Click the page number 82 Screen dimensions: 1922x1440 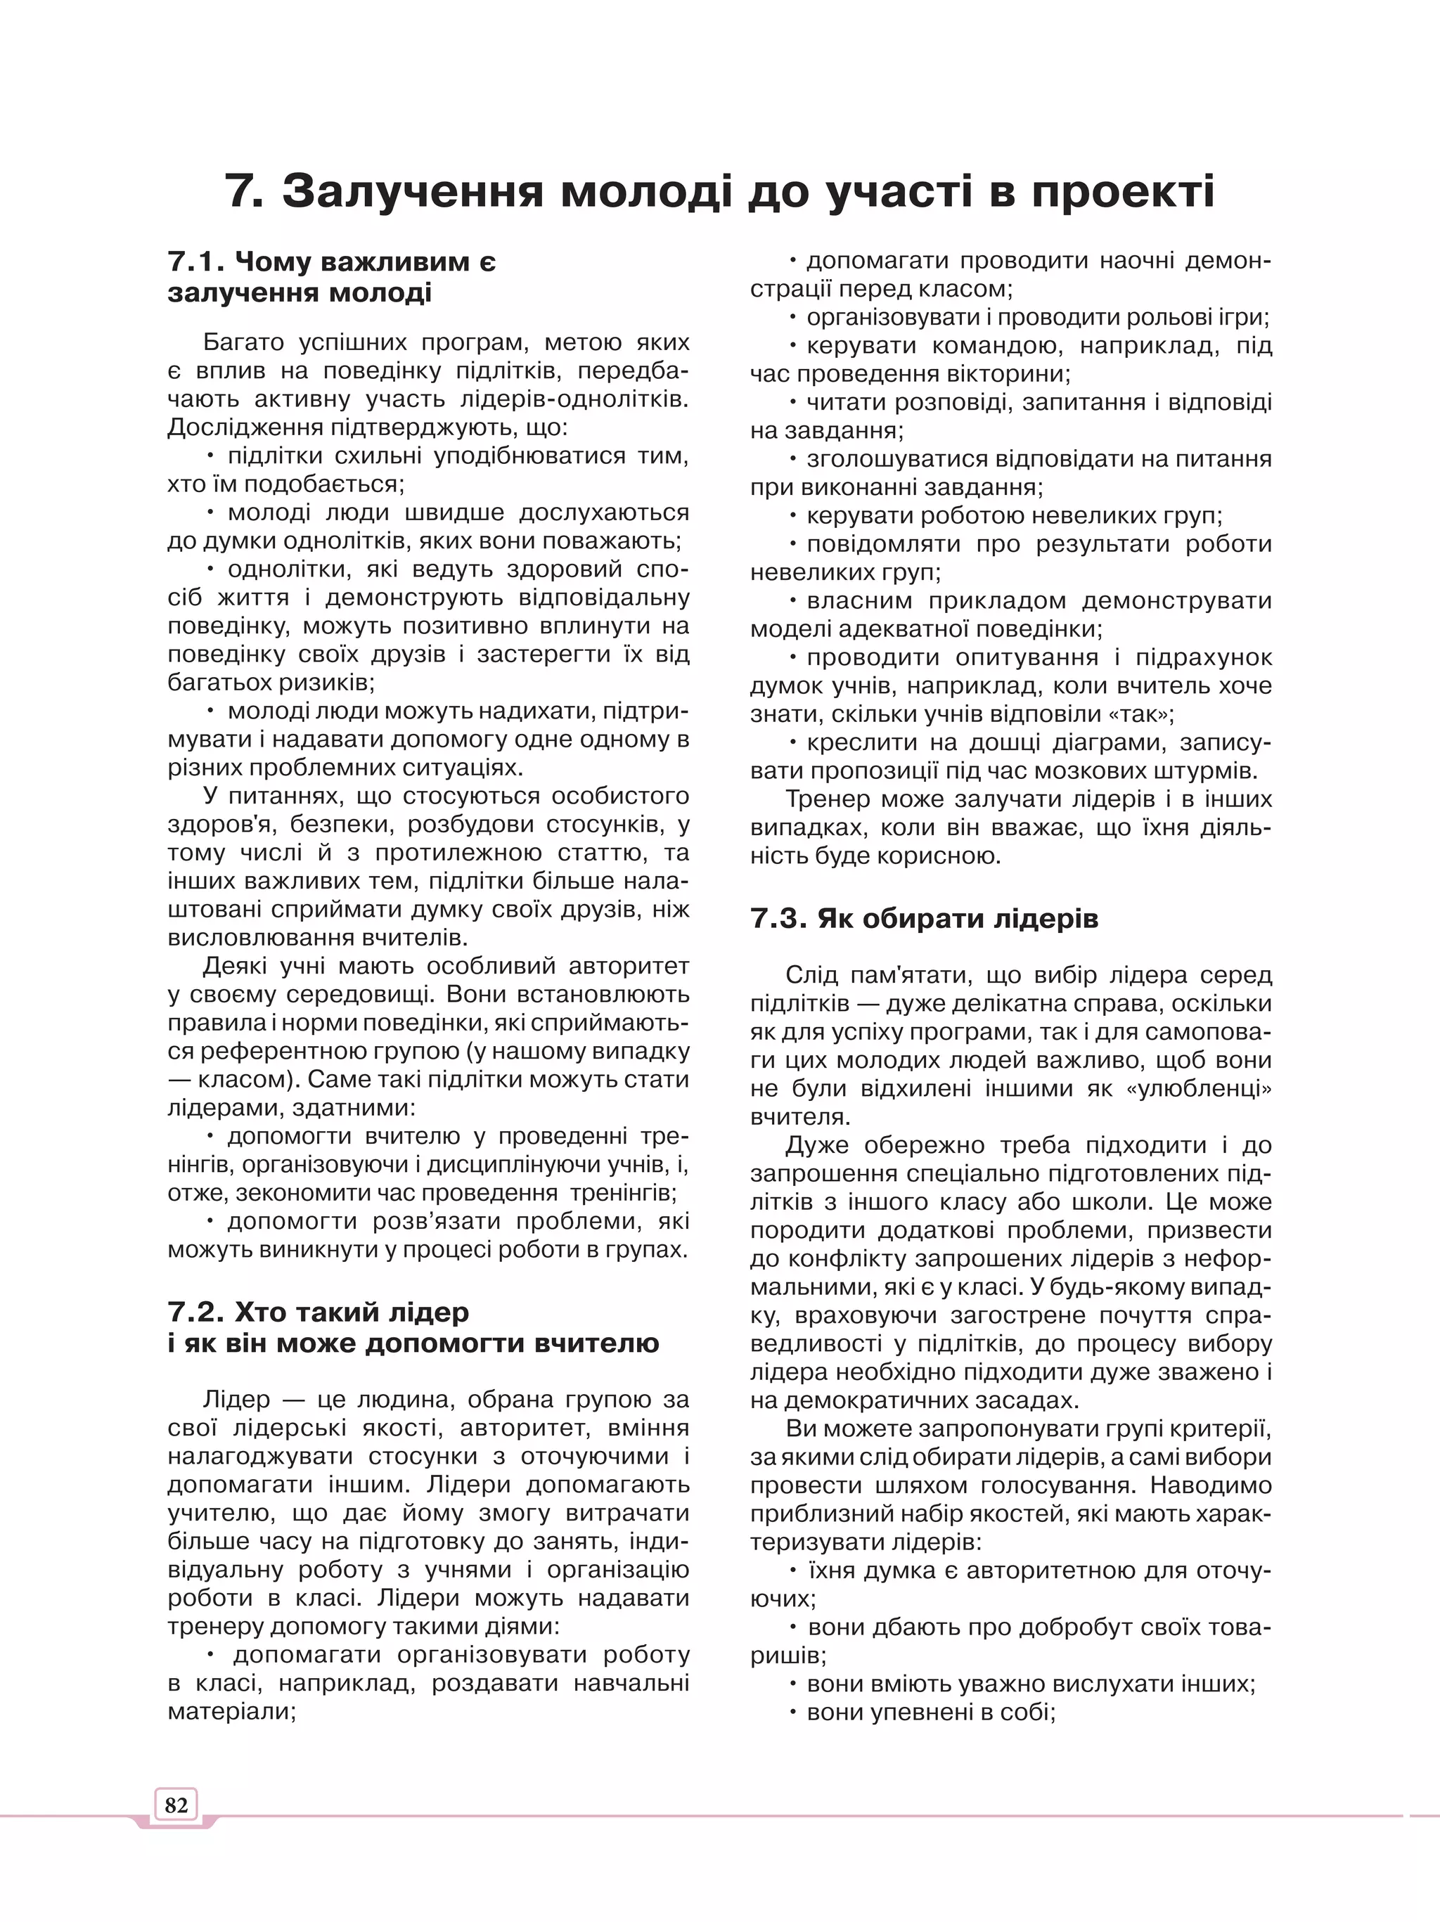(x=176, y=1805)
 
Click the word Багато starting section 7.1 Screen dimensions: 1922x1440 (x=243, y=342)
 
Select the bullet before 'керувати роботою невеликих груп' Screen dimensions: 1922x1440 (x=793, y=515)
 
